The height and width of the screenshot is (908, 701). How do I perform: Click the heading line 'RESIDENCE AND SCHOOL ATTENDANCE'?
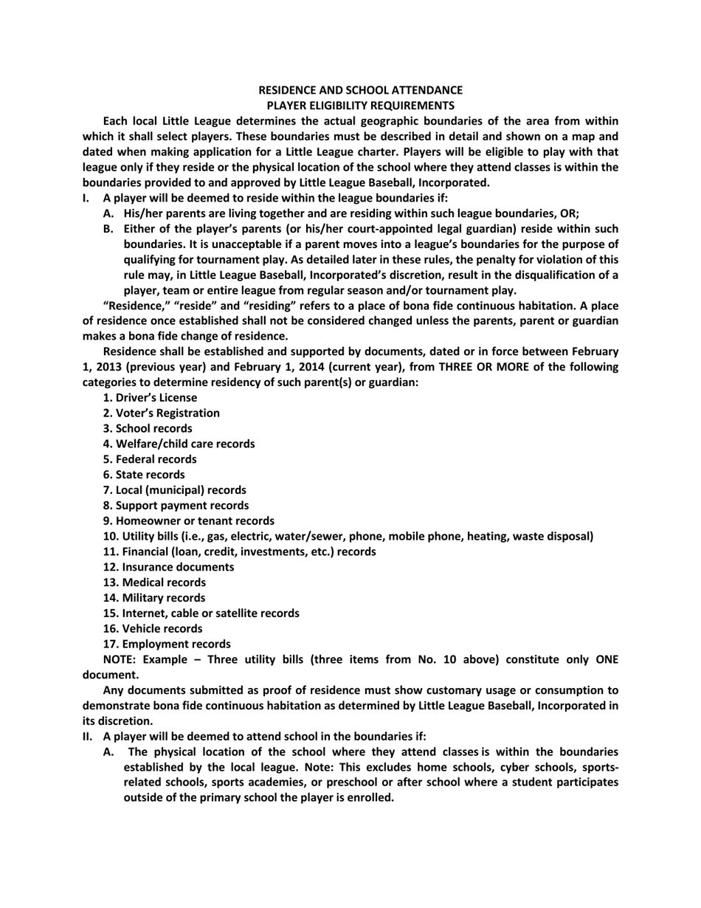point(360,90)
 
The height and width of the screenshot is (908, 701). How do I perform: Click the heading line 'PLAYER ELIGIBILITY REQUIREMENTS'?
point(360,106)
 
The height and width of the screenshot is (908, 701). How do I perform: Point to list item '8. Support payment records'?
point(176,506)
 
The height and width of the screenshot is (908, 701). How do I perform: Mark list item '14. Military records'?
point(154,598)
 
